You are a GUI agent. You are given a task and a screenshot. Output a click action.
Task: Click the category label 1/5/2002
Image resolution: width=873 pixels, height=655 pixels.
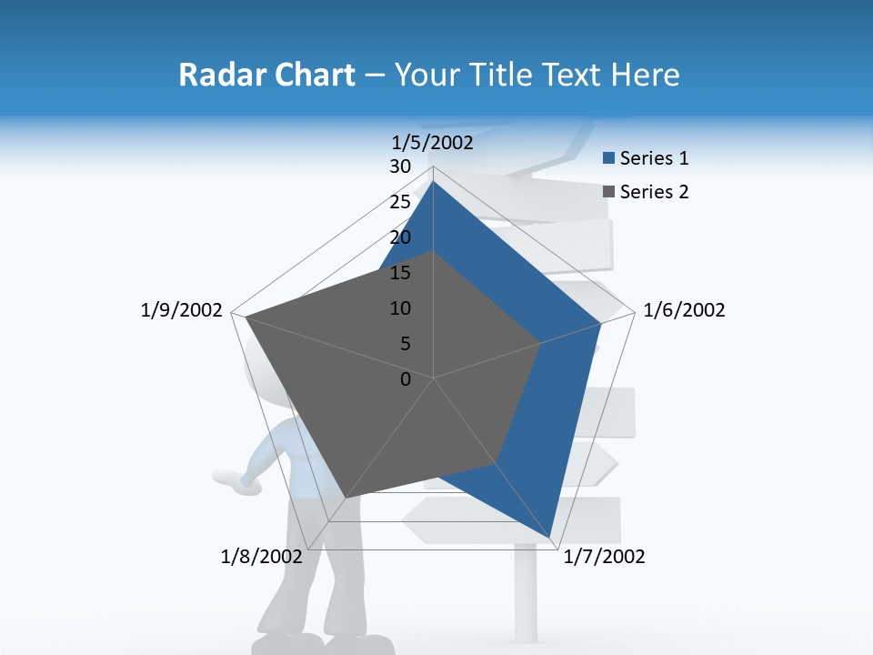tap(433, 142)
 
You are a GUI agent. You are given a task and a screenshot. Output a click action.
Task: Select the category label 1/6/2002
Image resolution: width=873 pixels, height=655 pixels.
tap(684, 310)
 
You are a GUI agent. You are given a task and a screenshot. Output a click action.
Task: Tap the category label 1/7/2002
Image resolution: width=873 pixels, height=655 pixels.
tap(604, 557)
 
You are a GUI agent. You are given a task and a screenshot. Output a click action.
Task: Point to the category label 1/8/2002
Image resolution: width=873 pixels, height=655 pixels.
tap(262, 557)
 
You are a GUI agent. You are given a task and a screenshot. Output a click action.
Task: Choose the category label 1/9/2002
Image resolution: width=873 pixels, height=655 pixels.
tap(182, 310)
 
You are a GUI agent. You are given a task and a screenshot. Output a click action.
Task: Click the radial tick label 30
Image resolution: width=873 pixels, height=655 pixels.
tap(400, 166)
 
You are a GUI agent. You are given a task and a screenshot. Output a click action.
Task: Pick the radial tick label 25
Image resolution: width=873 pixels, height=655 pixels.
tap(400, 202)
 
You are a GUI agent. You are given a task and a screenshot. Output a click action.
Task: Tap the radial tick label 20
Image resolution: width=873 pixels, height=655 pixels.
tap(400, 237)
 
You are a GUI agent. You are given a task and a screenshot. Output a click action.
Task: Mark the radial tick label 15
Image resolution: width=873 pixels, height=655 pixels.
tap(400, 273)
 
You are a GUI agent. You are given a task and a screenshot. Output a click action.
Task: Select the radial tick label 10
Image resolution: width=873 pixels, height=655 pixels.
tap(400, 308)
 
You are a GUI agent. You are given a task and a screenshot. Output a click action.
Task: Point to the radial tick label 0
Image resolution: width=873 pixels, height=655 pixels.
tap(406, 379)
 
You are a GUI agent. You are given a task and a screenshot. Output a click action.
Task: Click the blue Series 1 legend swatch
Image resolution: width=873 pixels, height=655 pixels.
tap(609, 158)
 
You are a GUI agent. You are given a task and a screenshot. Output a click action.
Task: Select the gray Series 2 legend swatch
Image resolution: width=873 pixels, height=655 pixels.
tap(609, 191)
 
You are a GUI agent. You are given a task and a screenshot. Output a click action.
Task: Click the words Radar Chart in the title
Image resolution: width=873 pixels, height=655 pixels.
tap(266, 75)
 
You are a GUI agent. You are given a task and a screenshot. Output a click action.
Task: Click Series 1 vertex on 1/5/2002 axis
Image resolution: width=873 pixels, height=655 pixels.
tap(433, 181)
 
